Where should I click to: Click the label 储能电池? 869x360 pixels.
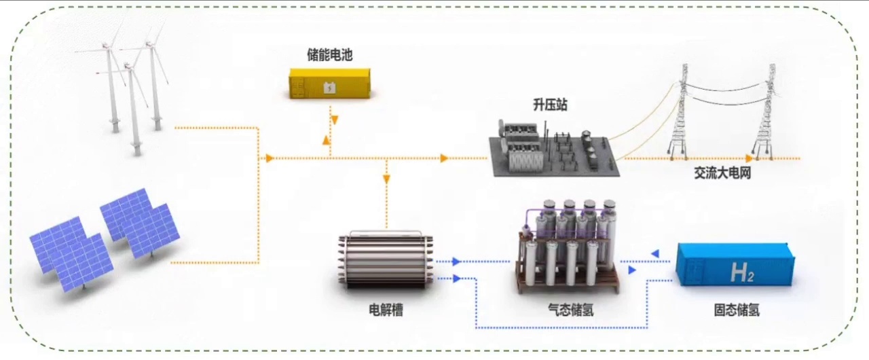329,55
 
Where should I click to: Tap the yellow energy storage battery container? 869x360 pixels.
330,83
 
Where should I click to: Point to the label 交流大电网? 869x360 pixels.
722,174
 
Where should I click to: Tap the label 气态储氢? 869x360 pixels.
571,310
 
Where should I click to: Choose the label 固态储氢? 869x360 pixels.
737,310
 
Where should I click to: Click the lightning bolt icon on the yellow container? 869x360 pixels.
329,88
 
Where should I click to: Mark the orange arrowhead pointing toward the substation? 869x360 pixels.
444,158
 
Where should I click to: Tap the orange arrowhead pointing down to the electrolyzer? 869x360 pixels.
386,180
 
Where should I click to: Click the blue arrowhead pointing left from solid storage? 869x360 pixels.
654,254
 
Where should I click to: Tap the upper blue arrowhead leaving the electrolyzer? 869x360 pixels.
456,261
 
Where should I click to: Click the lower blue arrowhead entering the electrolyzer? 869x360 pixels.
456,278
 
